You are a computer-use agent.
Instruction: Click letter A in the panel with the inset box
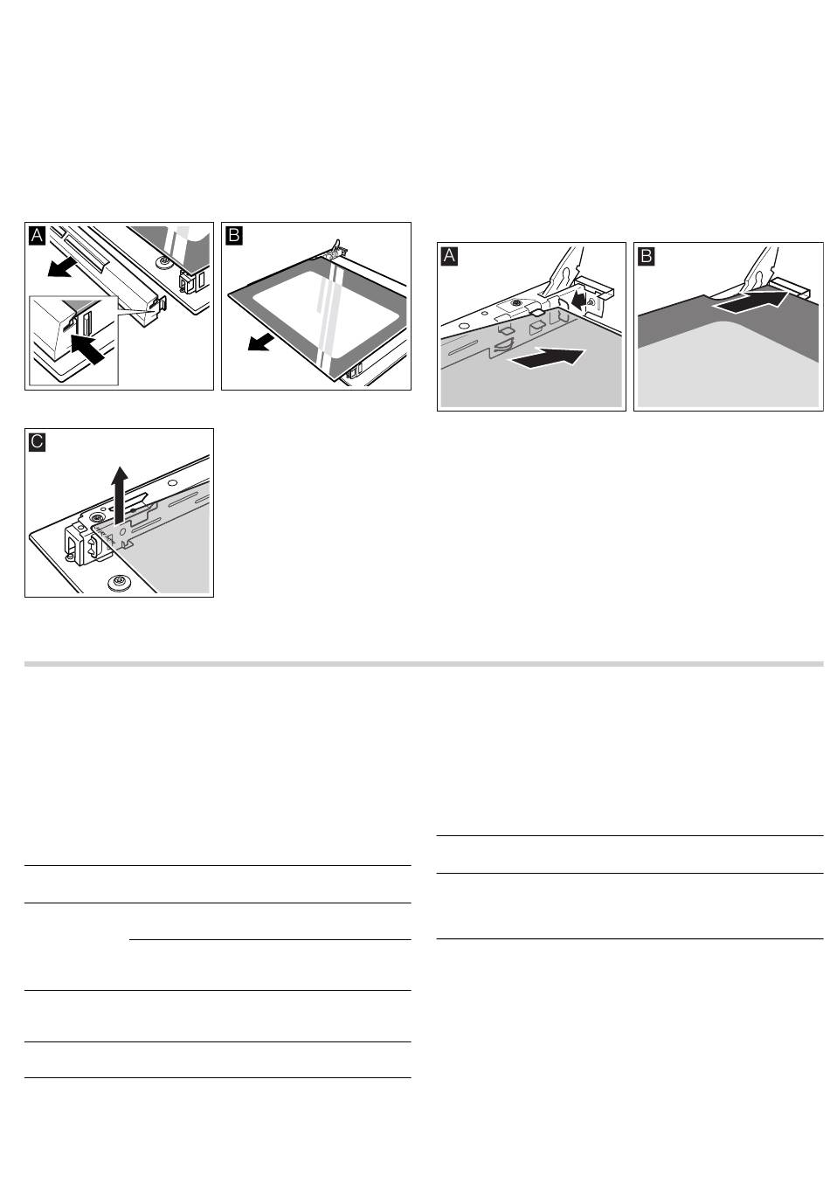tap(37, 235)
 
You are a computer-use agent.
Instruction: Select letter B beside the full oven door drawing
tap(234, 235)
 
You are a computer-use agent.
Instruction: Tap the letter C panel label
tap(37, 441)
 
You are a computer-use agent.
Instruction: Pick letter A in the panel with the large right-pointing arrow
tap(449, 256)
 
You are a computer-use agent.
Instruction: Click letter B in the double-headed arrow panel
tap(647, 256)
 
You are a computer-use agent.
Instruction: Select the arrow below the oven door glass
tap(261, 342)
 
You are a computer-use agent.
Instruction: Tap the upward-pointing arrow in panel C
tap(121, 494)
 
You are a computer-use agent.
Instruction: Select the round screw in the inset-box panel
tap(163, 263)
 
